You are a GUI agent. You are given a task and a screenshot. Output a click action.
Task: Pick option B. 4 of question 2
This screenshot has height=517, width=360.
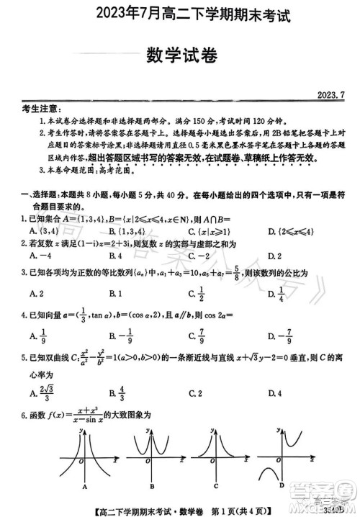[114, 256]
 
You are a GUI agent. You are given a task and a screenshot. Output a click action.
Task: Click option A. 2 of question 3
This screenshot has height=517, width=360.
[34, 294]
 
